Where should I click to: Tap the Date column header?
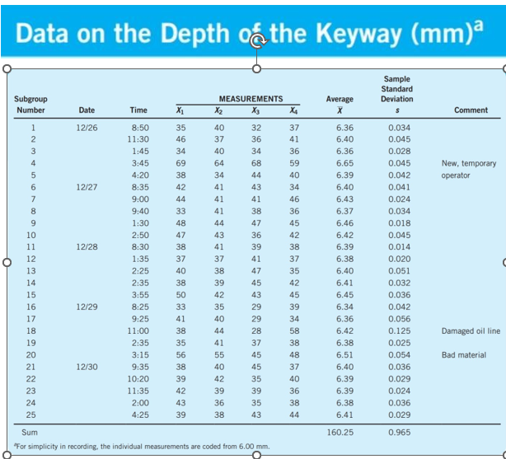point(87,110)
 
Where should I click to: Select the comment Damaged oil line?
point(471,330)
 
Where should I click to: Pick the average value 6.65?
point(344,163)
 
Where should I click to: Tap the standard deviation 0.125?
point(399,330)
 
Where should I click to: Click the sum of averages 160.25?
point(340,431)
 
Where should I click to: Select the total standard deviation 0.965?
point(399,431)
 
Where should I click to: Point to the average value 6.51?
point(344,354)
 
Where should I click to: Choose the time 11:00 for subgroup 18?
point(138,330)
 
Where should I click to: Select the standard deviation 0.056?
point(399,318)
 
